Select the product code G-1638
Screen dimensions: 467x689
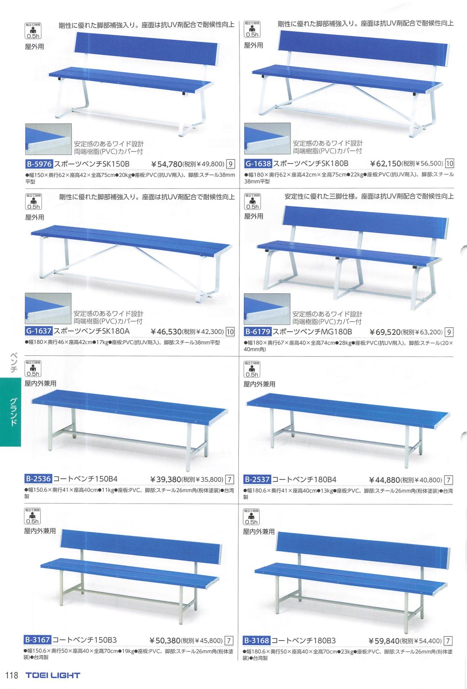258,163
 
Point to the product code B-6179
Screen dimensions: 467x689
258,331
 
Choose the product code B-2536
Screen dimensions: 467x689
39,478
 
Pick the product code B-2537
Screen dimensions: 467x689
257,479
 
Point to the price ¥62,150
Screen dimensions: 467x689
385,164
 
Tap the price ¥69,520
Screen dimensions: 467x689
385,332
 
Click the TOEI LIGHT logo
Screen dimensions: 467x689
53,675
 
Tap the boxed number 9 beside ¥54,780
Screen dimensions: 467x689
231,165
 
